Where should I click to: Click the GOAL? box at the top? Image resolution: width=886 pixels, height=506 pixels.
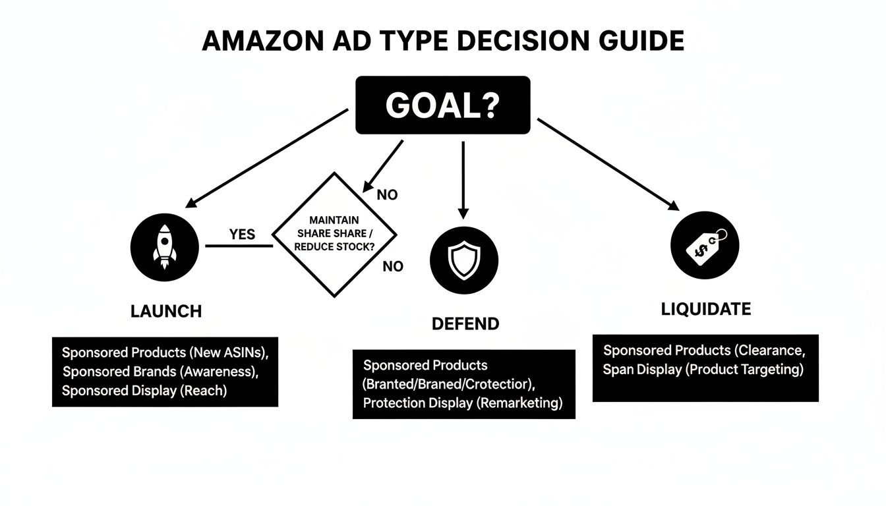click(x=442, y=105)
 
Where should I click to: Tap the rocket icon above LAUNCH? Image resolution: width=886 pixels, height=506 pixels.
click(x=165, y=246)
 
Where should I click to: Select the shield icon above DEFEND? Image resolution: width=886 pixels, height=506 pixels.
click(x=463, y=260)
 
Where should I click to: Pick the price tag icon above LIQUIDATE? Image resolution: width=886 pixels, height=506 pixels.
click(x=704, y=244)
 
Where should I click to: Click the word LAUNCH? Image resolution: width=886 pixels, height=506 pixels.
click(x=166, y=311)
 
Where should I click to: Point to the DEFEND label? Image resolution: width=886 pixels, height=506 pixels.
click(x=465, y=323)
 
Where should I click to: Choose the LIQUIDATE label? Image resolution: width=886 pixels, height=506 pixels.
click(x=705, y=309)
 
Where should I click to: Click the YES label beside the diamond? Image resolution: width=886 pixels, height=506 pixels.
click(x=242, y=235)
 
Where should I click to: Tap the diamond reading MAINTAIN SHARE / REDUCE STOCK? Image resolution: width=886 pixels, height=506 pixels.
click(x=334, y=235)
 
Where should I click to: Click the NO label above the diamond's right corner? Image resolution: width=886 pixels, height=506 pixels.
click(x=387, y=196)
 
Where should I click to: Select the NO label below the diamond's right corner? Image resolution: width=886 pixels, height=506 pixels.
click(x=393, y=266)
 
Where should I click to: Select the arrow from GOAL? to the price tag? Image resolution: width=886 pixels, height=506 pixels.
click(x=607, y=164)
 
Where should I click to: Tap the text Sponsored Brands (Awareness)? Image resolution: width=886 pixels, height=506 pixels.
click(x=160, y=371)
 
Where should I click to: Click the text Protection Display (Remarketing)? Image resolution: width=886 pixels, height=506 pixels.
click(x=463, y=403)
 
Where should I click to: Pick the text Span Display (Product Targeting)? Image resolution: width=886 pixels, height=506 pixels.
click(x=703, y=370)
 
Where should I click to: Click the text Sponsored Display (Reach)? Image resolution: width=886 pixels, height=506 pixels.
click(x=144, y=390)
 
